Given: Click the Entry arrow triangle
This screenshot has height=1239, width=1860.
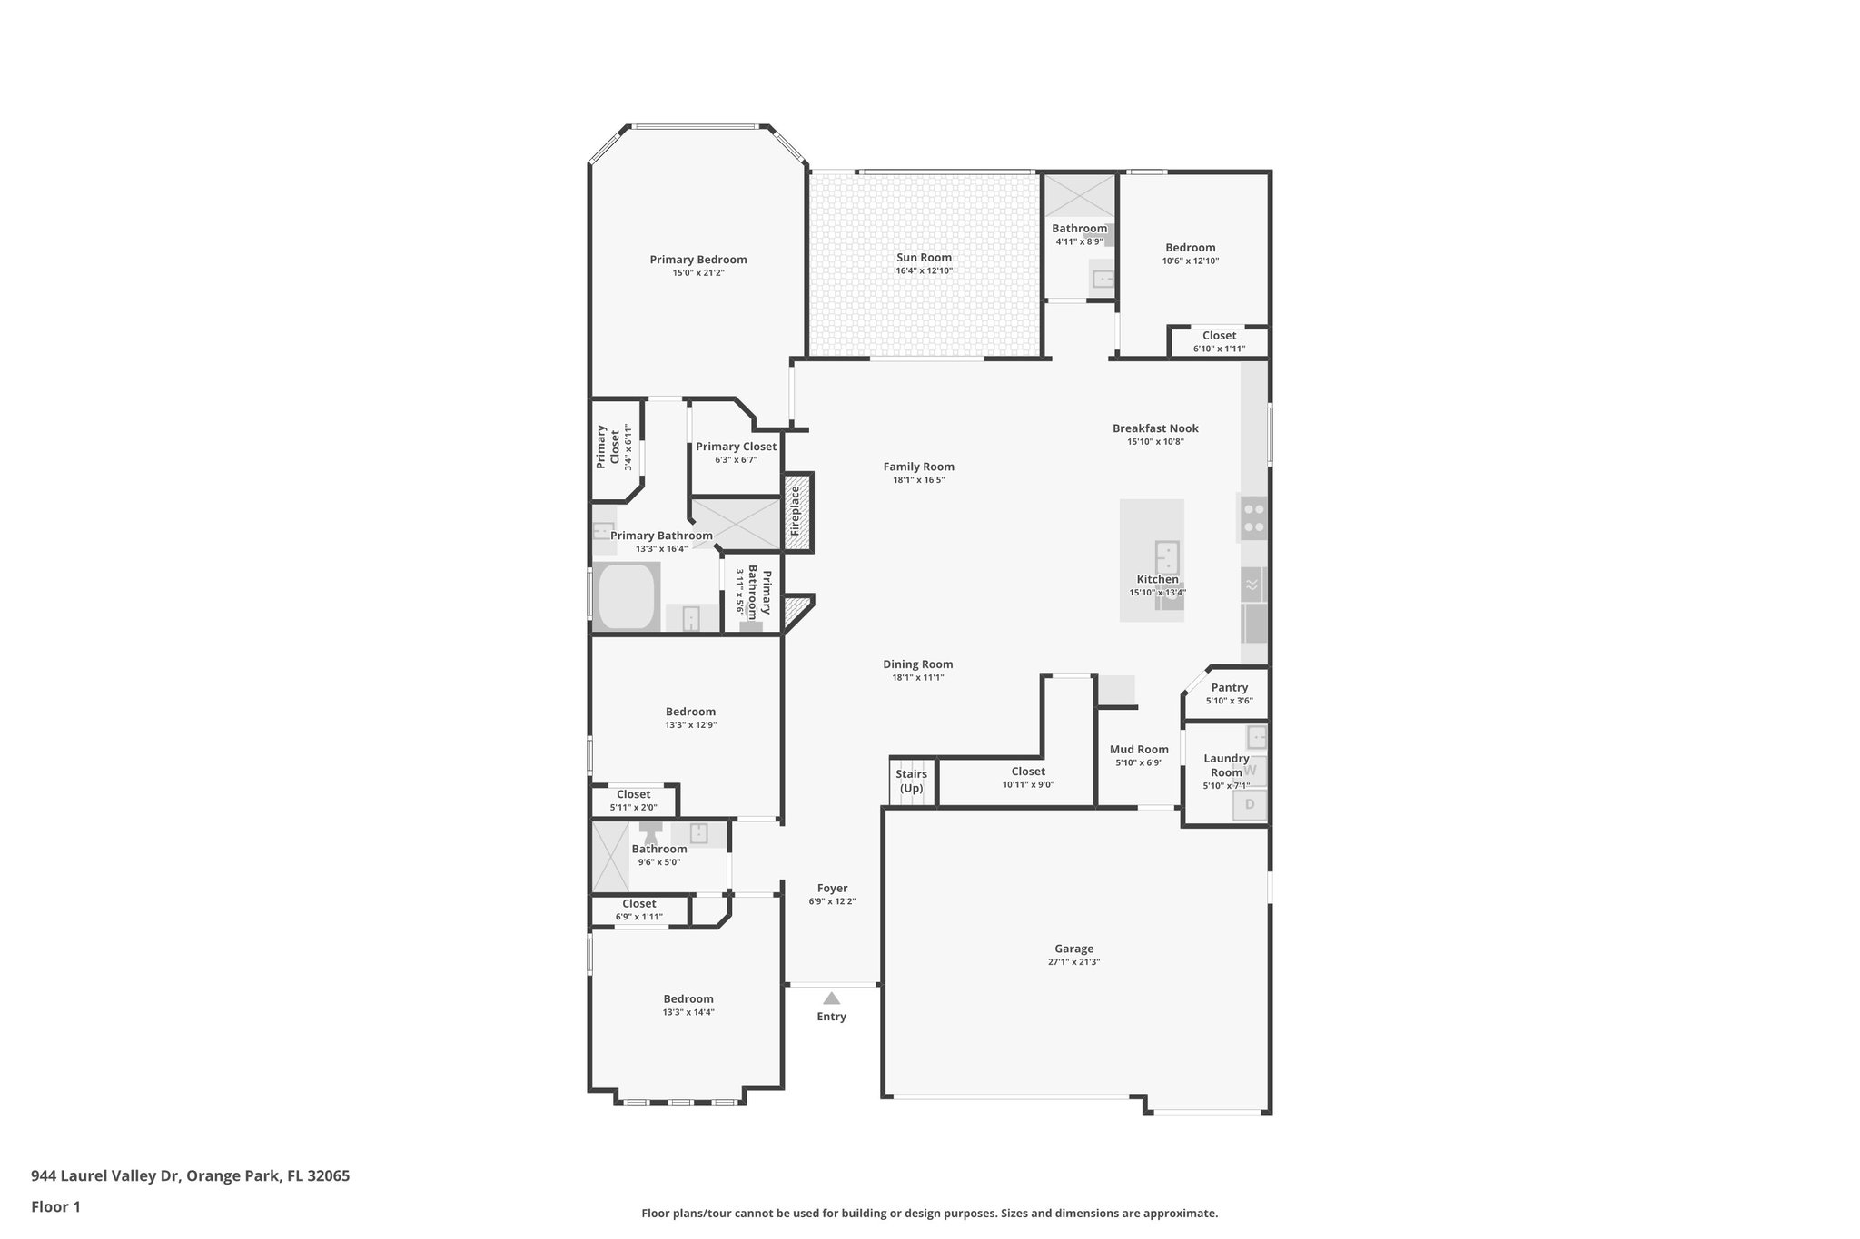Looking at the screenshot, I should [x=831, y=998].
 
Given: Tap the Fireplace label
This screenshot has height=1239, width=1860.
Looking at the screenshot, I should [x=795, y=510].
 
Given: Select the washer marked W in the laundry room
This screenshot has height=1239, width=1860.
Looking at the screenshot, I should [x=1250, y=770].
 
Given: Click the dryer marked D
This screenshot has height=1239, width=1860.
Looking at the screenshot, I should [x=1250, y=804].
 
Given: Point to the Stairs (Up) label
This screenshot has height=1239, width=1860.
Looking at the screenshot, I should [x=911, y=781].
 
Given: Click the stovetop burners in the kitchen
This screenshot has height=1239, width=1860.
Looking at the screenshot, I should [x=1254, y=517].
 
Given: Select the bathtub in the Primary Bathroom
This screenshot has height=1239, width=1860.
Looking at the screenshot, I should [x=628, y=596].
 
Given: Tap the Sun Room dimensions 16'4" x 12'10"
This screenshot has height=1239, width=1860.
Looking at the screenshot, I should [x=924, y=270].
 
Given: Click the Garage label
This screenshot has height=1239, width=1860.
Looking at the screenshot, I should [x=1073, y=949].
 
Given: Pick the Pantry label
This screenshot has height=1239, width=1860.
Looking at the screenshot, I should [x=1229, y=687].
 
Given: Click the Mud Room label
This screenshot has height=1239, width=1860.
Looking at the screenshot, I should [x=1139, y=749].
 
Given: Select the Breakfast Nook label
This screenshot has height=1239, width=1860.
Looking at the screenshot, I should [x=1155, y=428].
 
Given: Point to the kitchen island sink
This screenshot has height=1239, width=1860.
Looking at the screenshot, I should [x=1167, y=554].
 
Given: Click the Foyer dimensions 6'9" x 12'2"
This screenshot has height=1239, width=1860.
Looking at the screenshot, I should [x=832, y=901].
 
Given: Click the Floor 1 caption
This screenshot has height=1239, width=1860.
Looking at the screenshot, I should [x=55, y=1206].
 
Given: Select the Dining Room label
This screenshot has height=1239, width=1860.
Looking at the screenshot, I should [x=917, y=664].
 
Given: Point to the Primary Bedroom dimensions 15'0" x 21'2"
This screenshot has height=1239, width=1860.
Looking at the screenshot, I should [x=697, y=273].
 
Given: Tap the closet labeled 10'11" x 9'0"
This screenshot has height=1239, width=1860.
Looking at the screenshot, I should [x=1028, y=778].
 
